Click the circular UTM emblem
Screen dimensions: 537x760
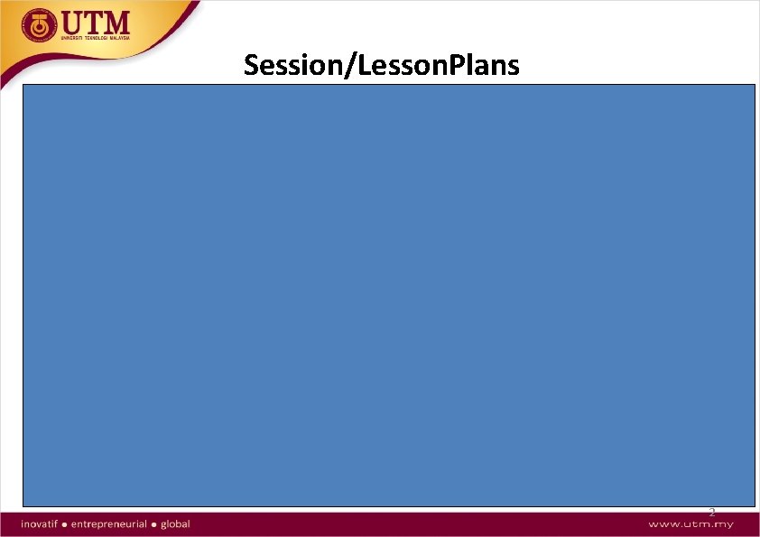tap(38, 26)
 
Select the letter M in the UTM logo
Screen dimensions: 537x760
tap(118, 22)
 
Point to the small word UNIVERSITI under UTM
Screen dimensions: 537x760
tap(73, 40)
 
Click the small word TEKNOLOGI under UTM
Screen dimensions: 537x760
tap(97, 40)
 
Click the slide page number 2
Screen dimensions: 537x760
tap(711, 513)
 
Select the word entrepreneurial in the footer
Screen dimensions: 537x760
tap(112, 523)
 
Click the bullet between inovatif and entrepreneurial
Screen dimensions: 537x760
tap(68, 523)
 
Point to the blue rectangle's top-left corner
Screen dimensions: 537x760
tap(24, 85)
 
